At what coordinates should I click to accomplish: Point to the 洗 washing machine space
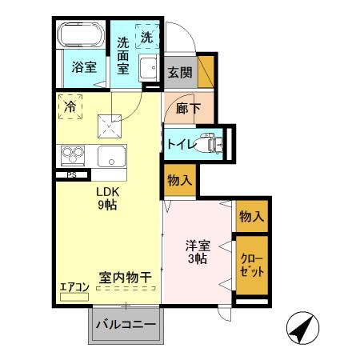coord(147,37)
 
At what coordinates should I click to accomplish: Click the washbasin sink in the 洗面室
coord(149,69)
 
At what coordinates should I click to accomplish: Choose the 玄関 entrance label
coord(179,73)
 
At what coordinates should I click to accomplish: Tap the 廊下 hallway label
coord(186,108)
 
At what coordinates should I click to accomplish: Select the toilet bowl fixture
coord(210,143)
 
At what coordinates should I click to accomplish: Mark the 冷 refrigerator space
coord(71,107)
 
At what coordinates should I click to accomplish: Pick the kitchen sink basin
coord(111,156)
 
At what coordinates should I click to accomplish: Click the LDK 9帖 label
coord(109,199)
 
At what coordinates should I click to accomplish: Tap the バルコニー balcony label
coord(126,325)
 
